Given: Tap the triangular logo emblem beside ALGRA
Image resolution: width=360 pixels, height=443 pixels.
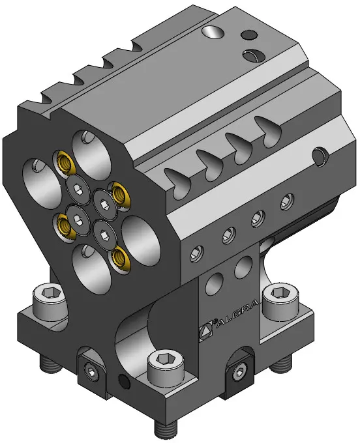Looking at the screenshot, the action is pos(206,330).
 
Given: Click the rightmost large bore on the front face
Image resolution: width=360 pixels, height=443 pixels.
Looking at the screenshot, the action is pos(141,240).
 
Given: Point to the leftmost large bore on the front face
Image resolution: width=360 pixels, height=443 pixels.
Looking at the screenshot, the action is pos(42,184).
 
